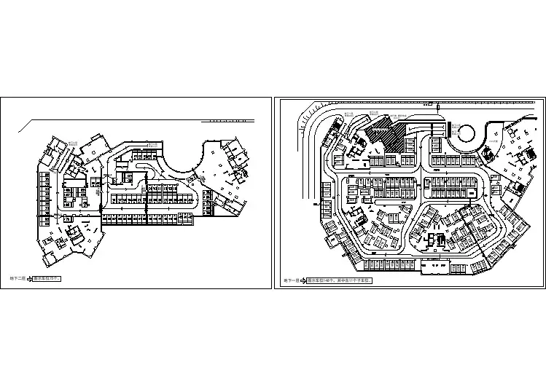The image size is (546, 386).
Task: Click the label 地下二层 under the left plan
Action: (x=17, y=278)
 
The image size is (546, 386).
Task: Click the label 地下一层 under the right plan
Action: (x=291, y=280)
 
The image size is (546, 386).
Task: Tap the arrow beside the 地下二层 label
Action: (x=31, y=278)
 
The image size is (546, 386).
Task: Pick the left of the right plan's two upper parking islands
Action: (x=381, y=186)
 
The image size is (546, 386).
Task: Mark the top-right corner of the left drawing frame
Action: (x=267, y=97)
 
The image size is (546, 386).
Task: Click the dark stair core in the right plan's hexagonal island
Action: (x=435, y=241)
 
